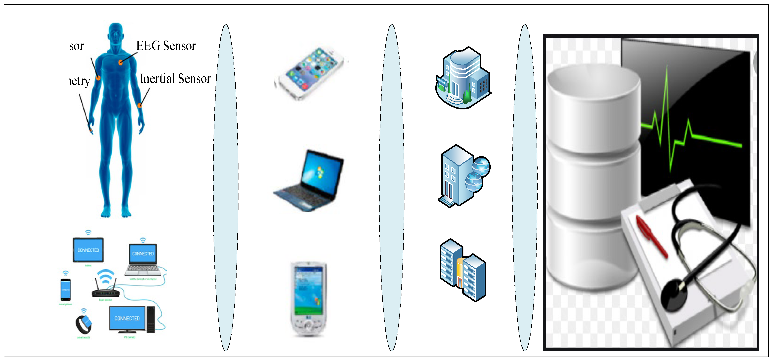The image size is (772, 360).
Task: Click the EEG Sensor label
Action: [166, 46]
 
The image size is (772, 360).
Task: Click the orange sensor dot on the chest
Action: [120, 63]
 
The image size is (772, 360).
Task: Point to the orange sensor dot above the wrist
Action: [140, 106]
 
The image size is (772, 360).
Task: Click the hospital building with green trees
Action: [462, 78]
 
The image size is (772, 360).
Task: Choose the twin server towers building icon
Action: [462, 270]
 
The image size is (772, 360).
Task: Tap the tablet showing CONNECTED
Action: [88, 250]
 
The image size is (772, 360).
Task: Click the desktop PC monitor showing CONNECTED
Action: [127, 318]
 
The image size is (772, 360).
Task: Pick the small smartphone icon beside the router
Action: [66, 289]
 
